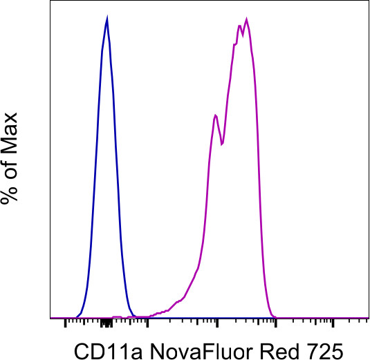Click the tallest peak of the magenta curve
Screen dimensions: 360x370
(x=246, y=19)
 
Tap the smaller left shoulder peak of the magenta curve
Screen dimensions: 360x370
(x=216, y=115)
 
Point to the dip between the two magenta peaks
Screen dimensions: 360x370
(x=221, y=144)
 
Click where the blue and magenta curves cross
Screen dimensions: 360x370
(x=133, y=316)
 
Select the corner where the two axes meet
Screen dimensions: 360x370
(x=50, y=319)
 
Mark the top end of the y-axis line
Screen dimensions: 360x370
(x=50, y=2)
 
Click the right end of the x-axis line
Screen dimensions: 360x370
(x=368, y=319)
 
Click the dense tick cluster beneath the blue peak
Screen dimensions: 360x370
(x=105, y=323)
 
